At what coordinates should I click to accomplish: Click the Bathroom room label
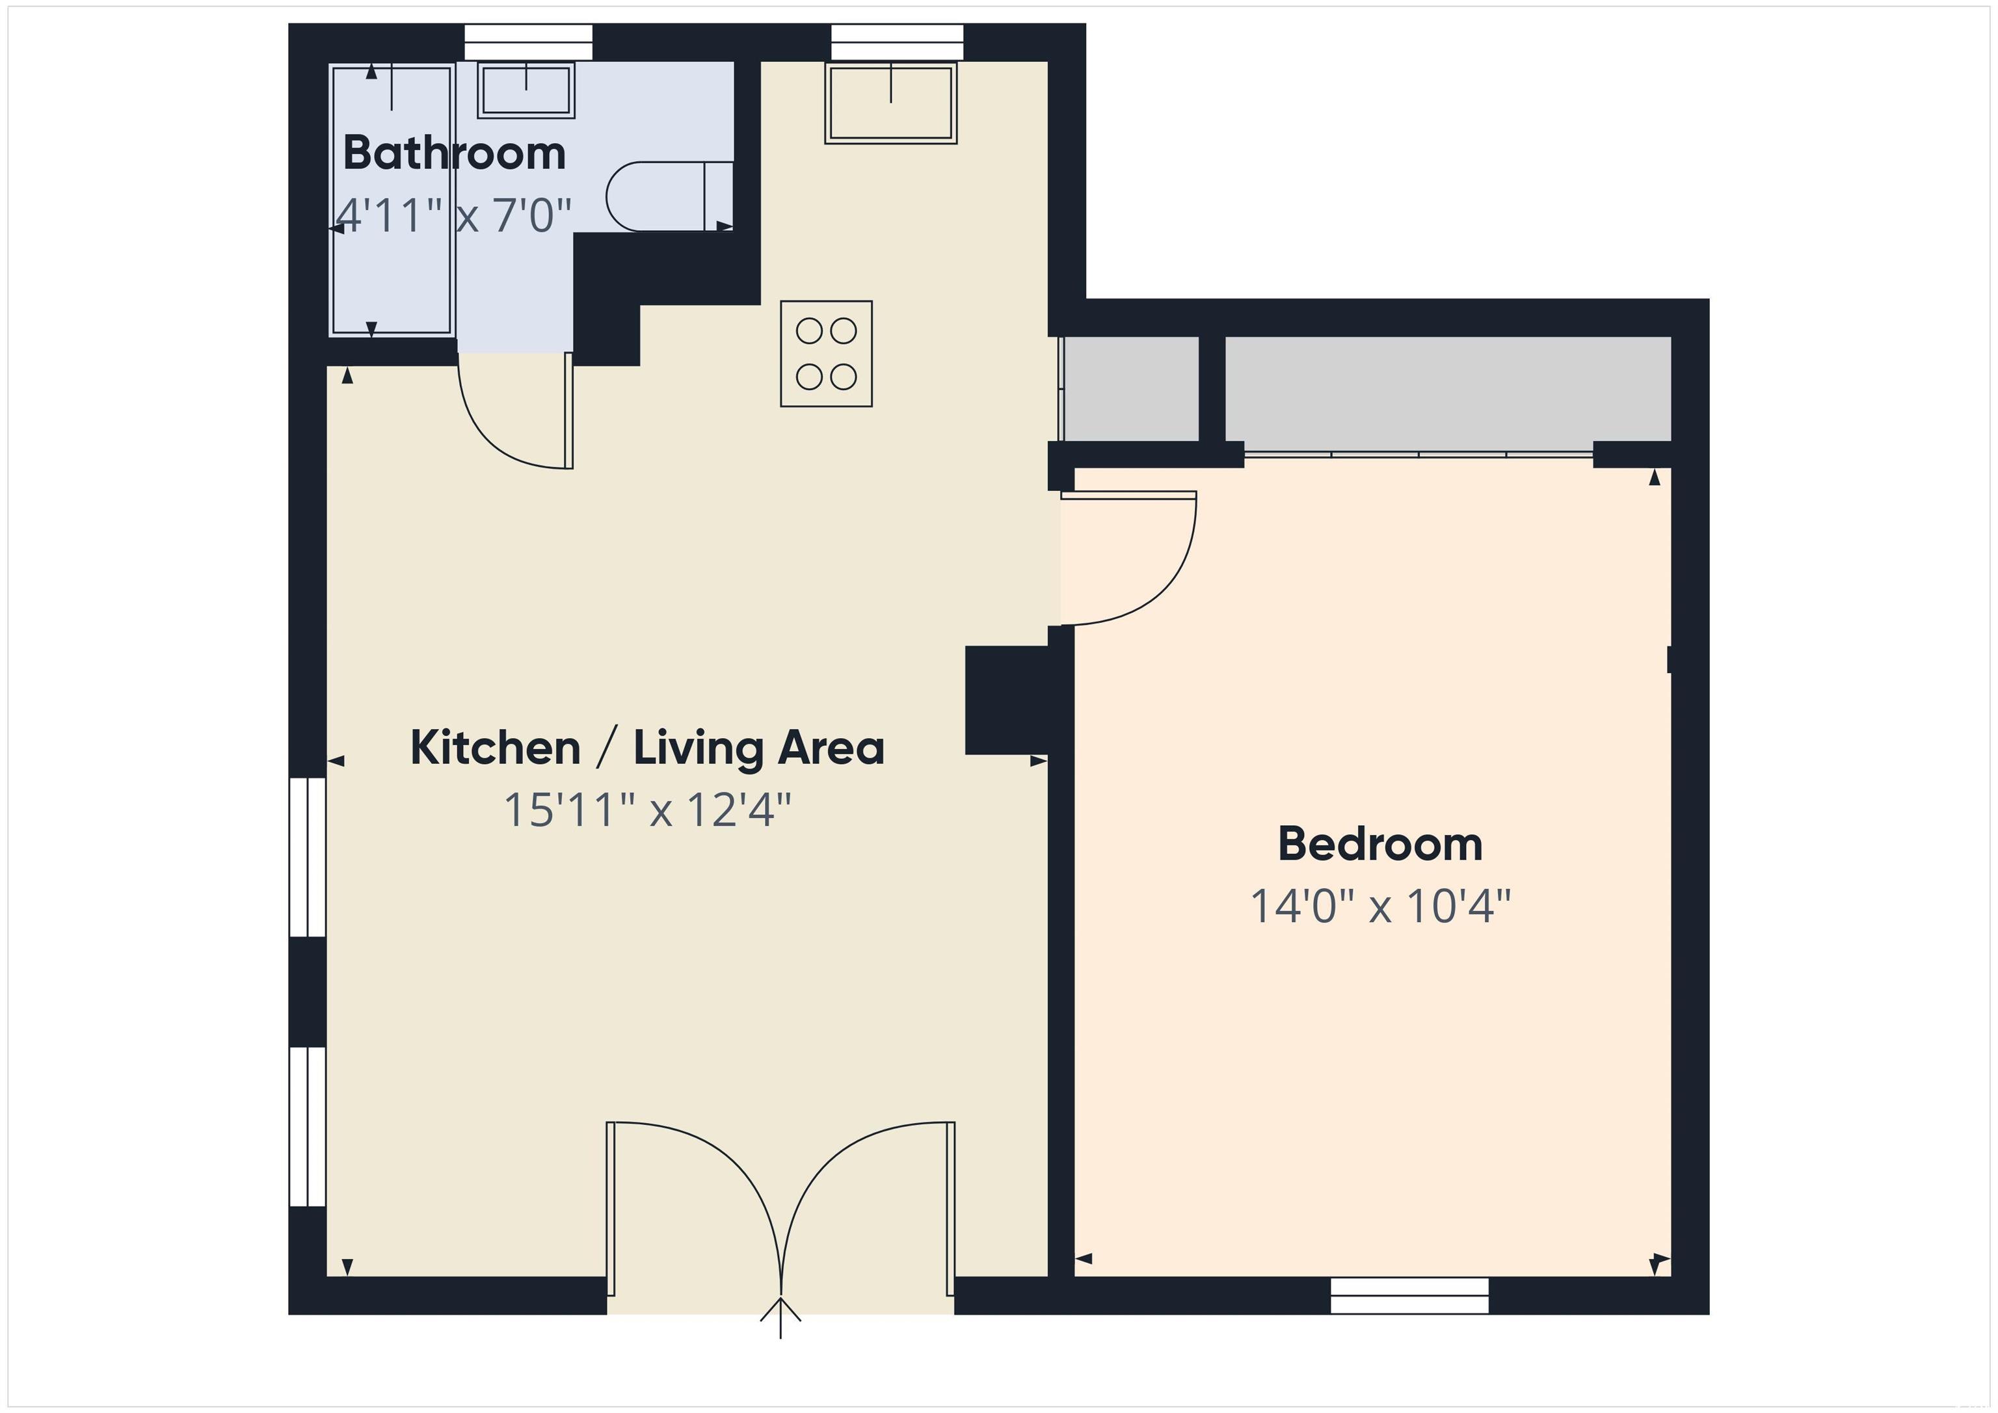[x=454, y=153]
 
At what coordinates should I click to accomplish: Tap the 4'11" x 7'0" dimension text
[x=453, y=215]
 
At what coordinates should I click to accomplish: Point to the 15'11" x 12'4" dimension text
[x=647, y=810]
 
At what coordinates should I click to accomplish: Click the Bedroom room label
[x=1380, y=844]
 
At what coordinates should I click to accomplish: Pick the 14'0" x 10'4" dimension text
[x=1380, y=906]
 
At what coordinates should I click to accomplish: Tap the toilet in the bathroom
[x=669, y=196]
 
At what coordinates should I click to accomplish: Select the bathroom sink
[x=526, y=90]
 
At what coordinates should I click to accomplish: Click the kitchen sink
[x=891, y=103]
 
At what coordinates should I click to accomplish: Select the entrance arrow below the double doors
[x=780, y=1317]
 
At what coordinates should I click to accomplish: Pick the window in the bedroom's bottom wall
[x=1410, y=1295]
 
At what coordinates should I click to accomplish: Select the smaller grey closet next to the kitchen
[x=1131, y=389]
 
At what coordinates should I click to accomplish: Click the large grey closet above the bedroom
[x=1448, y=389]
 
